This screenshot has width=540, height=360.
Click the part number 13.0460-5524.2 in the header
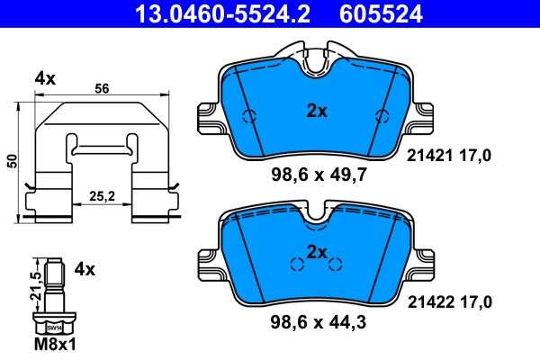tap(223, 14)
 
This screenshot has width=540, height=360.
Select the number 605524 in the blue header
tap(381, 14)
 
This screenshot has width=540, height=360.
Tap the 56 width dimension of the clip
tap(102, 88)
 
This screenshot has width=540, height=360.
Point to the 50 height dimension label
tap(13, 161)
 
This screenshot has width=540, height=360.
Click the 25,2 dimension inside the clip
tap(103, 196)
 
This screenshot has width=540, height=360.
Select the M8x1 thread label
tap(55, 344)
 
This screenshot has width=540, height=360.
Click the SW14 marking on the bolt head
tap(54, 328)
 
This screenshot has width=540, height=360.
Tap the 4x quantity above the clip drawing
tap(45, 79)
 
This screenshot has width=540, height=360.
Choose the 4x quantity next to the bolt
tap(85, 269)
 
